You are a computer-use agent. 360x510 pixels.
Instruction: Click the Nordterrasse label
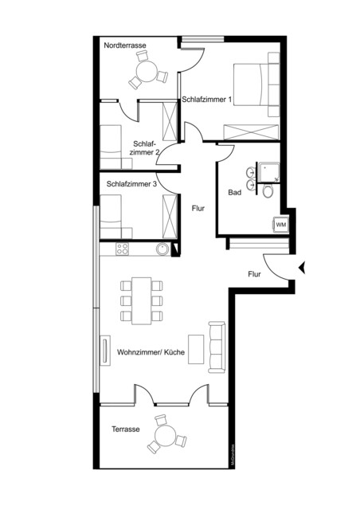point(124,47)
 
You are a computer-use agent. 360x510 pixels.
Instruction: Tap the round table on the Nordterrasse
point(147,73)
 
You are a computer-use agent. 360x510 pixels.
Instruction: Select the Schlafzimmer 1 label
point(206,100)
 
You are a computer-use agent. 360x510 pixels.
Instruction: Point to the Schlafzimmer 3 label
point(131,183)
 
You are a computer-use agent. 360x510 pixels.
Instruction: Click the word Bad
point(235,193)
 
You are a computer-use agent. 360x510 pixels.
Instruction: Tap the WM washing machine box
point(280,225)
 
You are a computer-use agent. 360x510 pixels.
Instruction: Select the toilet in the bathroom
point(268,191)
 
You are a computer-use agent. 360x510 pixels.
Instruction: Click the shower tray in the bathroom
point(267,171)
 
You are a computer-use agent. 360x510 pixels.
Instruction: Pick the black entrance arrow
point(301,269)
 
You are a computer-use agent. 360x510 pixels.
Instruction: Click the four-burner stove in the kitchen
point(123,249)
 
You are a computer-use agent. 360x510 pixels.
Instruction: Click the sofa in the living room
point(217,346)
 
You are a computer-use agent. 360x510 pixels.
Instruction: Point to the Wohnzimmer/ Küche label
point(151,351)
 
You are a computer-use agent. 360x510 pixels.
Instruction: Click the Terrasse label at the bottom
point(127,429)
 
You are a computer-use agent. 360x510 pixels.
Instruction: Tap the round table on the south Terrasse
point(166,435)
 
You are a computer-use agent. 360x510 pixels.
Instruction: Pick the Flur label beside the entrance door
point(255,274)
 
